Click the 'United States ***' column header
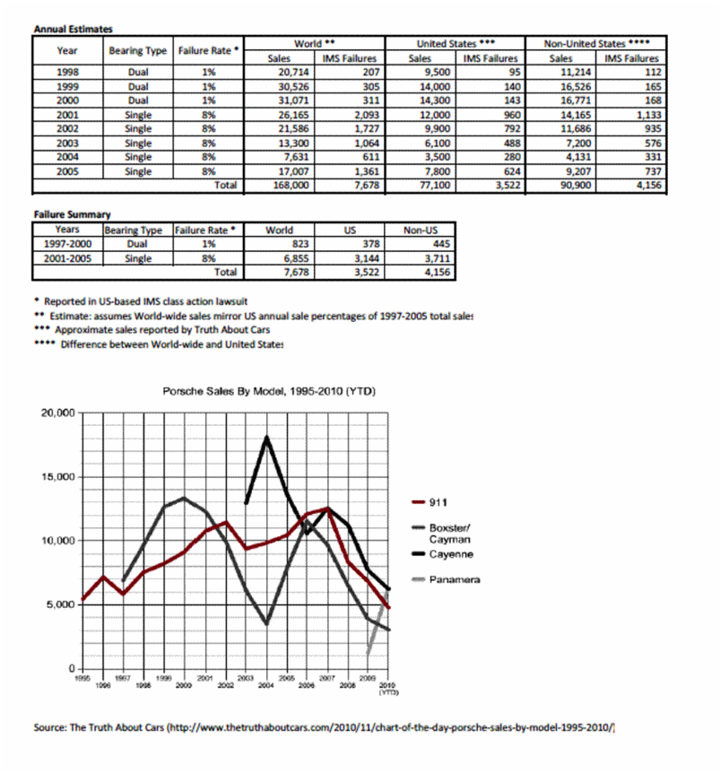(x=455, y=43)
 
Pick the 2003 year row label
(x=67, y=143)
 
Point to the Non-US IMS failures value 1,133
(x=643, y=114)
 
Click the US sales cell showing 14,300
(x=431, y=100)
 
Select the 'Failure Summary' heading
(x=72, y=214)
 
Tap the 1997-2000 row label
(x=66, y=243)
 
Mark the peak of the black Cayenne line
(x=267, y=438)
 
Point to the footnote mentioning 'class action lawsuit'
(x=143, y=300)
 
